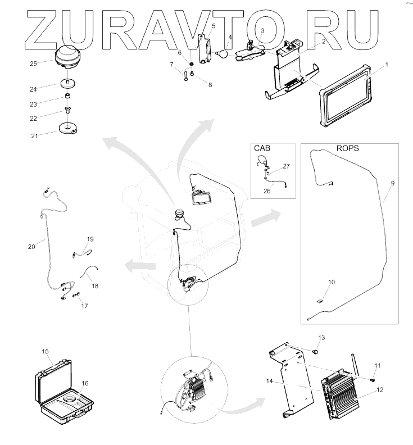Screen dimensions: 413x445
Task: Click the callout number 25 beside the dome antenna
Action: click(x=34, y=63)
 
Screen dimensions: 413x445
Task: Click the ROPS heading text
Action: click(x=347, y=149)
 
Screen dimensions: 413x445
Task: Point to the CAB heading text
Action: click(x=262, y=148)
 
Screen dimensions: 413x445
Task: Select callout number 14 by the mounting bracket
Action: click(x=270, y=381)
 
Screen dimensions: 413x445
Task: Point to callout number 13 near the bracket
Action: click(x=322, y=337)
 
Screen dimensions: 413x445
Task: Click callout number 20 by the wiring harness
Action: click(x=31, y=246)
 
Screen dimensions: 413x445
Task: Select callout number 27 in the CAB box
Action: click(x=286, y=166)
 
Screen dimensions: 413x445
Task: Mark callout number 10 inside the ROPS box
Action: click(x=332, y=281)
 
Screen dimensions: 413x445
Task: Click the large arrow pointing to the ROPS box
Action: click(x=265, y=218)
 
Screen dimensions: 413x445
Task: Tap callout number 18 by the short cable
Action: click(x=95, y=285)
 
